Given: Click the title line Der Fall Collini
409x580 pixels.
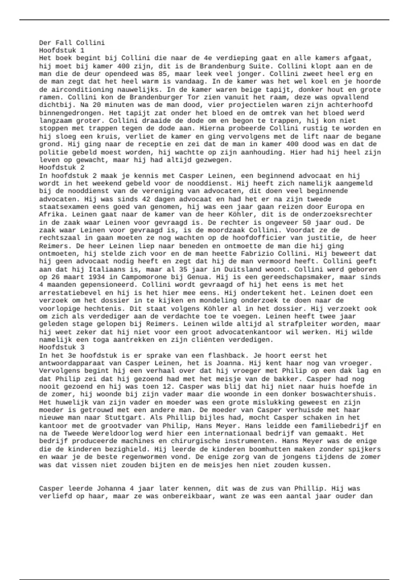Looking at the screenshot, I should point(72,43).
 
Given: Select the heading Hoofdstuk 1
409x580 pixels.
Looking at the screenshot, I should point(61,50).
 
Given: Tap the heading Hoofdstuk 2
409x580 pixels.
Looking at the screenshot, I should point(61,168).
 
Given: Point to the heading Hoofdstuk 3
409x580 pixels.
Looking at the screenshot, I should point(61,347).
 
